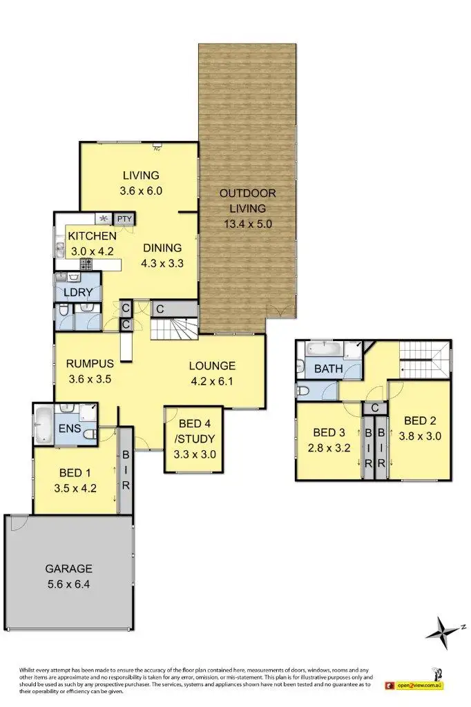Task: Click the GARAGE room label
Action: tap(68, 569)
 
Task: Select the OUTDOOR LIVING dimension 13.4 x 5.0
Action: tap(248, 224)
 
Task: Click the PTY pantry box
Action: tap(124, 220)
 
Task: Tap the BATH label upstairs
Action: tap(328, 369)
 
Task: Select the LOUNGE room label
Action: tap(212, 366)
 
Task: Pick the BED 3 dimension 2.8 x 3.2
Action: tap(329, 447)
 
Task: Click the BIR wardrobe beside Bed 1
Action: tap(126, 469)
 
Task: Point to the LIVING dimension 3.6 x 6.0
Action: tap(141, 191)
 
